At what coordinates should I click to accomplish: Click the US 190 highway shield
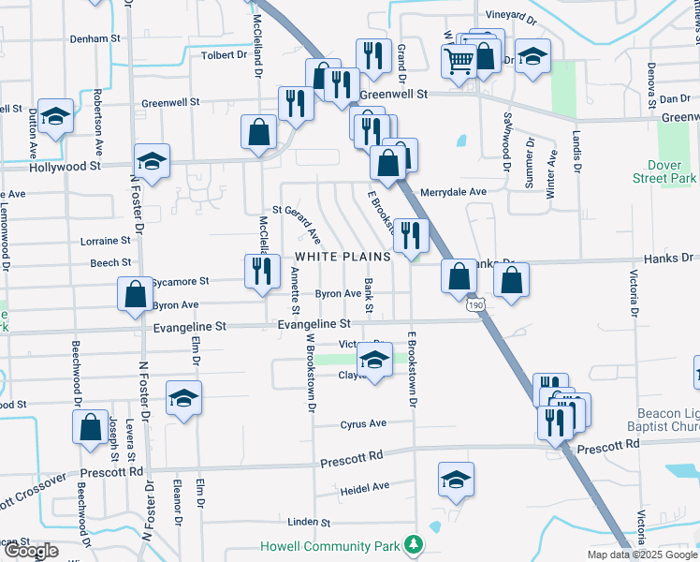coord(474,305)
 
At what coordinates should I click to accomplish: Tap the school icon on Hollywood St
coord(152,160)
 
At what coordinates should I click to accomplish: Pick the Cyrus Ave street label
coord(363,423)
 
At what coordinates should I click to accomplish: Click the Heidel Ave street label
coord(365,488)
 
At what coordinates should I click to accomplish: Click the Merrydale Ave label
coord(453,192)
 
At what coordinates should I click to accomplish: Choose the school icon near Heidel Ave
coord(456,481)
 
